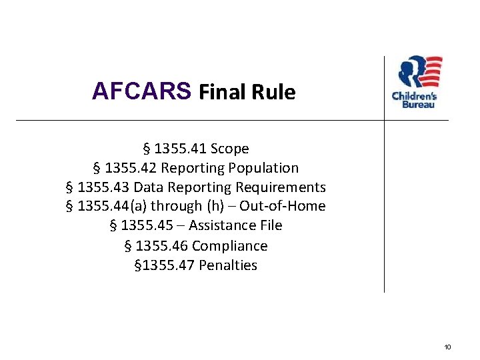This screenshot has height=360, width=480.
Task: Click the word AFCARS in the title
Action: (141, 91)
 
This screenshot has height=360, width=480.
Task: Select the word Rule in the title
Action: (273, 92)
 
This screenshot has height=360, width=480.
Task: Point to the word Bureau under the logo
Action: (414, 105)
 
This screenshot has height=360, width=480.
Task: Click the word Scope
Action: (229, 149)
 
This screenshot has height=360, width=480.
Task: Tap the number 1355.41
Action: (180, 149)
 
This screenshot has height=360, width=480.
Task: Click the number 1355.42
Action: (131, 168)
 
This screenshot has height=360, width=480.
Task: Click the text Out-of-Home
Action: (283, 206)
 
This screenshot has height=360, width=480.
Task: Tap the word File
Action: (269, 225)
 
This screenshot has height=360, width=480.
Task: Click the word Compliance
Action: (229, 246)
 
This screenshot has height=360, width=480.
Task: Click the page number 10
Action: (447, 347)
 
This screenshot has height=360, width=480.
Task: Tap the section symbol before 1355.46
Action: (128, 246)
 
